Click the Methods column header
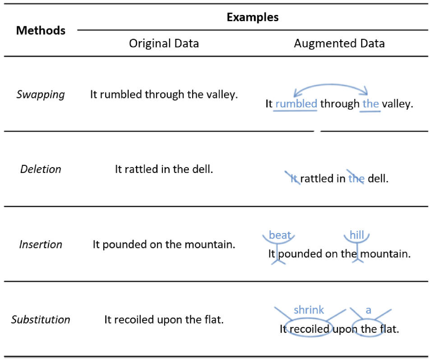click(41, 30)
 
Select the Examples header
click(253, 17)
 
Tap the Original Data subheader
click(164, 43)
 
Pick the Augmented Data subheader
click(339, 43)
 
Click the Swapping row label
click(41, 94)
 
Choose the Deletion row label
click(41, 169)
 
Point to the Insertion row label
click(41, 244)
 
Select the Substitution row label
click(41, 319)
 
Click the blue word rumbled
click(297, 104)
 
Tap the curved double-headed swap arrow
click(331, 85)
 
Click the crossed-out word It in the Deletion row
click(293, 178)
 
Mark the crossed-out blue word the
click(357, 178)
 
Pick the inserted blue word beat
click(279, 235)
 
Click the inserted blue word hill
click(357, 235)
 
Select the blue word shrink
click(309, 310)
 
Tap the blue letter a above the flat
click(368, 310)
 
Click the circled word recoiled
click(309, 329)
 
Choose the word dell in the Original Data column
click(203, 169)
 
